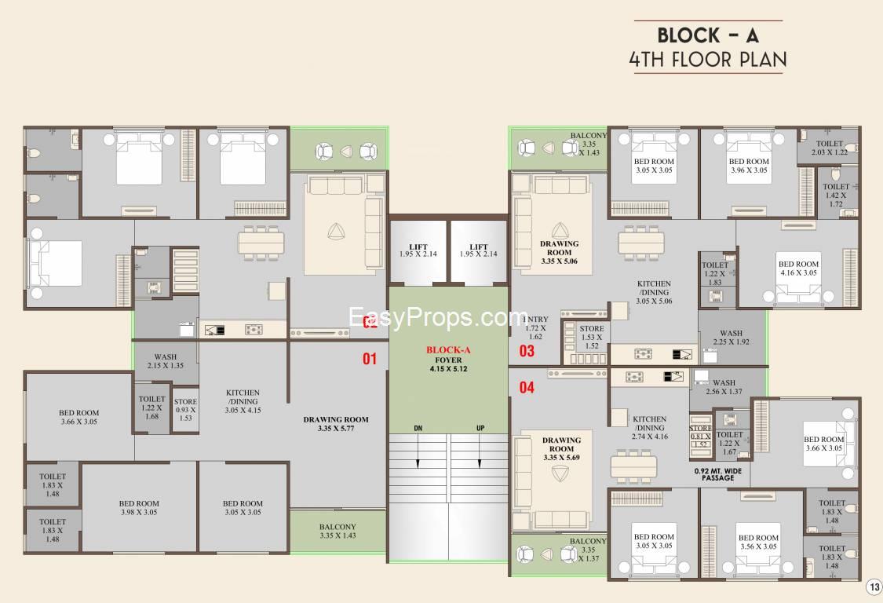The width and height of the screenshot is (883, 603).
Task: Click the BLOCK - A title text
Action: click(x=708, y=35)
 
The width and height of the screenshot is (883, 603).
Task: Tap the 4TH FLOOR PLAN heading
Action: click(x=708, y=60)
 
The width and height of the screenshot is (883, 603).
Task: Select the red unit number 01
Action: click(x=370, y=359)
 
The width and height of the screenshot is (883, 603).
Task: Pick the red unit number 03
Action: click(x=527, y=351)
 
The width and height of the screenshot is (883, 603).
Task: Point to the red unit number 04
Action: click(x=527, y=387)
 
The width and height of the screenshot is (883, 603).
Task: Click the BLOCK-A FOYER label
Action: click(x=448, y=359)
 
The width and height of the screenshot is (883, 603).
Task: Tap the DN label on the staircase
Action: click(x=418, y=428)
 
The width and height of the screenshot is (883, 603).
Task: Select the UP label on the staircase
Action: click(x=480, y=428)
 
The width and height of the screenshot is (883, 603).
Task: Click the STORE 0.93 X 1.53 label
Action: click(x=186, y=410)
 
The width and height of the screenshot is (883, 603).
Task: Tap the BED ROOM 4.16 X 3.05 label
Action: click(x=797, y=269)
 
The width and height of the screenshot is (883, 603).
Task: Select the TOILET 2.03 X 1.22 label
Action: click(x=830, y=148)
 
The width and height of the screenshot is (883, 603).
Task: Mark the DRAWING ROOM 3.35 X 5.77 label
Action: click(x=336, y=424)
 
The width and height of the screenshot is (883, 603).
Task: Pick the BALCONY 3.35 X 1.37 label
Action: click(x=588, y=550)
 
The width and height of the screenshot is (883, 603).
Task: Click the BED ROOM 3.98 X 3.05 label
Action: click(x=139, y=508)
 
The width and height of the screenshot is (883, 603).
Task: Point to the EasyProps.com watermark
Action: click(x=437, y=318)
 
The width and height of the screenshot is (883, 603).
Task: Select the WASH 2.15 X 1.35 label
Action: click(x=166, y=361)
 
